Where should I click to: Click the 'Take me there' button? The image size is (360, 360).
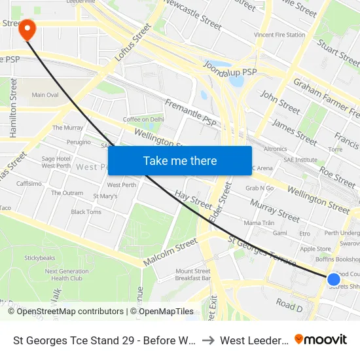[x=180, y=161]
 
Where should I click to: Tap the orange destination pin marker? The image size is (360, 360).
[x=27, y=29]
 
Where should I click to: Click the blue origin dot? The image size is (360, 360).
[x=334, y=280]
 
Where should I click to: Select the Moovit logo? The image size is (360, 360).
[x=321, y=340]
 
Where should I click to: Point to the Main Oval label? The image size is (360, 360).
[x=44, y=95]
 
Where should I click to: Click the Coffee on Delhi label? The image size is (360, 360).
[x=143, y=119]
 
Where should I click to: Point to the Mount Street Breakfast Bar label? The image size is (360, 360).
[x=192, y=274]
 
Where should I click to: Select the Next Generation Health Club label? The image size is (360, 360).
[x=66, y=274]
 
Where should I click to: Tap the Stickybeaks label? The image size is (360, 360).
[x=40, y=258]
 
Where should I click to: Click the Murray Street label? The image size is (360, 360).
[x=275, y=211]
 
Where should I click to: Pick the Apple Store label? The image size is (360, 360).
[x=315, y=249]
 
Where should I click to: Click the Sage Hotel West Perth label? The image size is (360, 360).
[x=56, y=162]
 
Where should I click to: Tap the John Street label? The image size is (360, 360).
[x=279, y=101]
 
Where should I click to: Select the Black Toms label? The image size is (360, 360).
[x=86, y=212]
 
